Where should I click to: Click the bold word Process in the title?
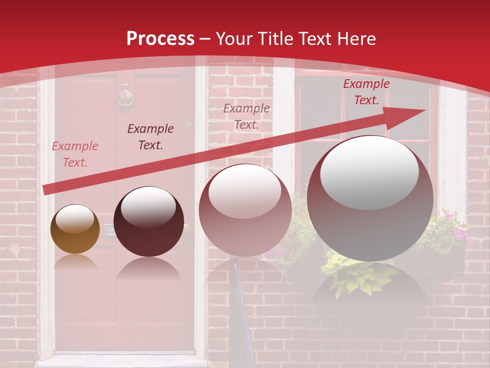(160, 39)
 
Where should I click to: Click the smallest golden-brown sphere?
(75, 229)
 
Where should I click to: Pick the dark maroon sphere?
(149, 222)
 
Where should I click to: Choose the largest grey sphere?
(370, 198)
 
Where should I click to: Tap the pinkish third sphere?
(245, 210)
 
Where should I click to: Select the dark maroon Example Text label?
(151, 137)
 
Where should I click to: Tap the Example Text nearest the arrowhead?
(366, 92)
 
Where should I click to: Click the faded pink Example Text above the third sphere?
(247, 117)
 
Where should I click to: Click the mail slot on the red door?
(109, 231)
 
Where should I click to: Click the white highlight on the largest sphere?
(369, 171)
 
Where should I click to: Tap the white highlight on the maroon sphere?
(148, 206)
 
